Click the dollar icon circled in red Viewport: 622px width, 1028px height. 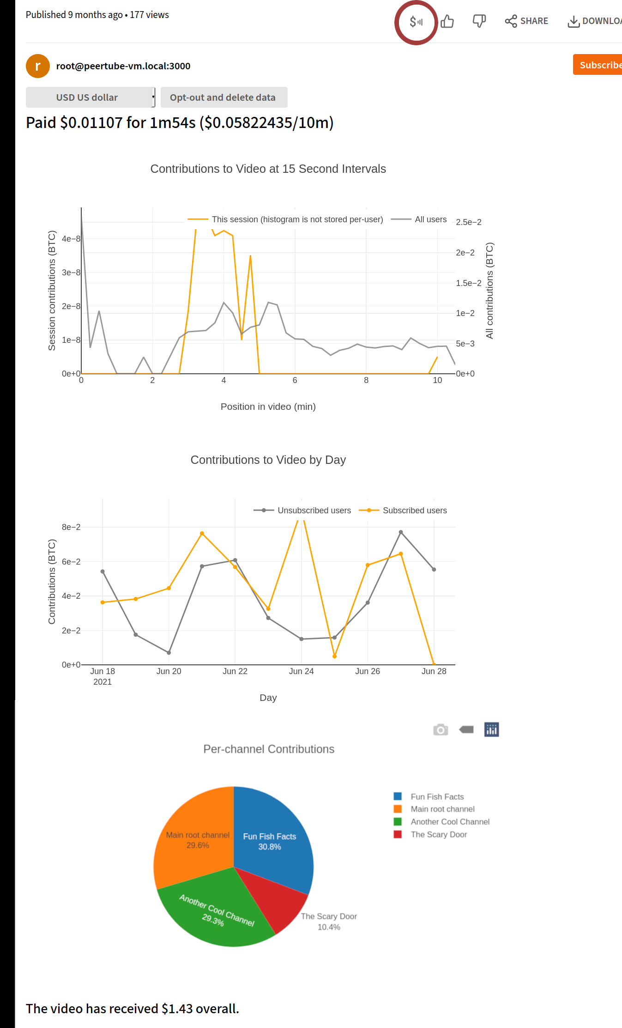(416, 22)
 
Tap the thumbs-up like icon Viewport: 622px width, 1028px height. (447, 21)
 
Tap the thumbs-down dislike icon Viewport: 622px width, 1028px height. (479, 21)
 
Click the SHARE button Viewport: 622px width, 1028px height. (526, 21)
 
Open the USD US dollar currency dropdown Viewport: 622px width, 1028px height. (90, 97)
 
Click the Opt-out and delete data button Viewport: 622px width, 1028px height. (223, 97)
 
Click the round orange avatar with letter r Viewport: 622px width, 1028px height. (38, 66)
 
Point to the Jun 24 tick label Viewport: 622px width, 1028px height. (301, 671)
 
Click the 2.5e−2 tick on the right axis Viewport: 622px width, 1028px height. (468, 222)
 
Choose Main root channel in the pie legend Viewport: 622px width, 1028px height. (442, 809)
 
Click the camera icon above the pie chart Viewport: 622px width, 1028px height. (441, 730)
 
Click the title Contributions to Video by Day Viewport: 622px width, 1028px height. (268, 460)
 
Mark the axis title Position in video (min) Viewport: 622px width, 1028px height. (268, 407)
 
